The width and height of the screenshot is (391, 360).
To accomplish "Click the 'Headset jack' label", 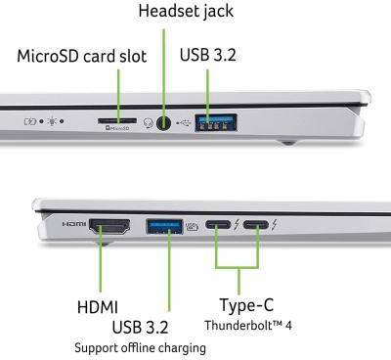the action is [186, 13].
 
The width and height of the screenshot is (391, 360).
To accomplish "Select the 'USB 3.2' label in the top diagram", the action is [207, 56].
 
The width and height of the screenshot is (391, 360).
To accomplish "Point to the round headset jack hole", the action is [165, 123].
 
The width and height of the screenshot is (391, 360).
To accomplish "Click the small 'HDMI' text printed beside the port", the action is [74, 224].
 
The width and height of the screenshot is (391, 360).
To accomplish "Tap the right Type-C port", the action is [256, 228].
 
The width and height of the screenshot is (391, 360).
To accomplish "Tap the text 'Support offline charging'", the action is [140, 347].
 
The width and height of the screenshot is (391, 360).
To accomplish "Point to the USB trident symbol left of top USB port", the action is [186, 123].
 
